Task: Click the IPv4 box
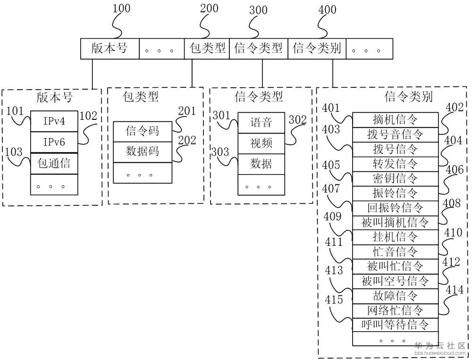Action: coord(54,122)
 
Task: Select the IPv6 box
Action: coord(54,142)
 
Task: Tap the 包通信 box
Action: coord(54,163)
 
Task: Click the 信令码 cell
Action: coord(142,131)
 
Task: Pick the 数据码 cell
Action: coord(142,151)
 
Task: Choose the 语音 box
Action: coord(261,123)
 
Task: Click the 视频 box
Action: coord(261,143)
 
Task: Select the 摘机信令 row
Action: coord(395,120)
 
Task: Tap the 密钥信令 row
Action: coord(395,178)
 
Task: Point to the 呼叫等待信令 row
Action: coord(395,325)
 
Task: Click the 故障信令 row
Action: coord(395,295)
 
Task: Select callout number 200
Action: coord(209,9)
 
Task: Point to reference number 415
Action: coord(335,299)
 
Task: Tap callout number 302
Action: coord(298,120)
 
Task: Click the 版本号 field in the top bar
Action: coord(110,49)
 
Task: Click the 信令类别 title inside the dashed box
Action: coord(409,97)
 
